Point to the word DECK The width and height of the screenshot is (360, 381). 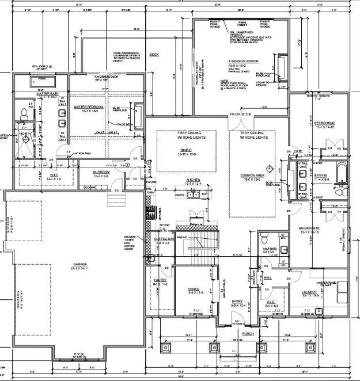pos(153,55)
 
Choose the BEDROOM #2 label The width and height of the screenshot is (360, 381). pos(325,123)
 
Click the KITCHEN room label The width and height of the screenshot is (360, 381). pos(194,180)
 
